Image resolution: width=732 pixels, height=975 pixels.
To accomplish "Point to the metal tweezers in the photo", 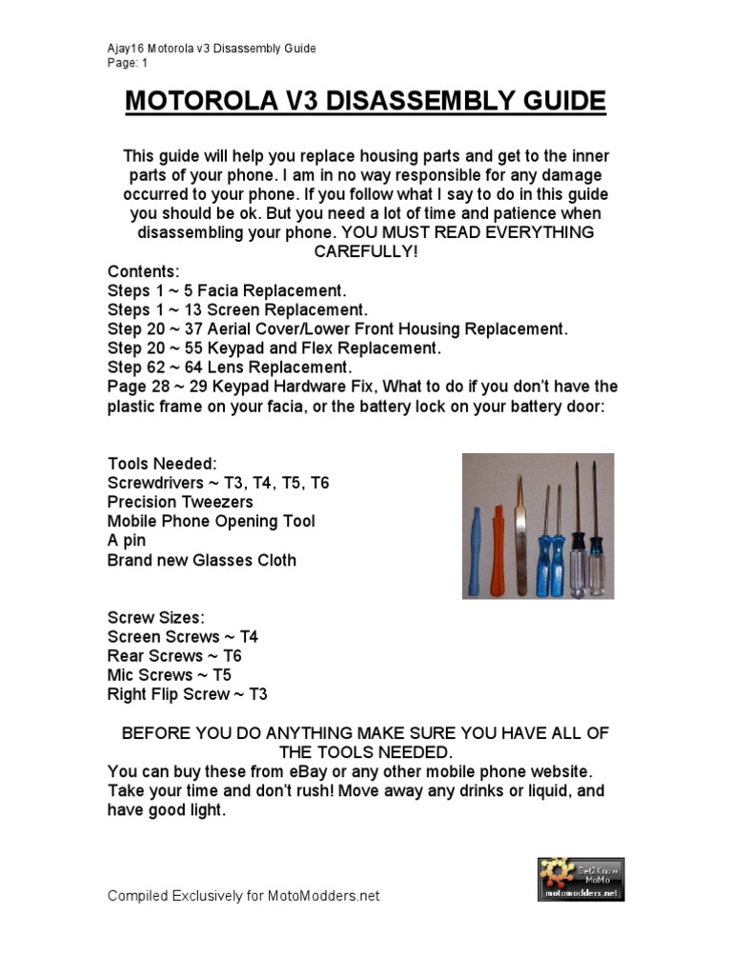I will point(520,533).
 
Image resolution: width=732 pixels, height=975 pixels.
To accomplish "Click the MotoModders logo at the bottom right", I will point(580,878).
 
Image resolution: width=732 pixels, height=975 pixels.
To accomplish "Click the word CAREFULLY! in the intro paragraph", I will point(366,251).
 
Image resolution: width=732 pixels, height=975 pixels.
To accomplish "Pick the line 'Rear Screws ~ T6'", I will point(174,656).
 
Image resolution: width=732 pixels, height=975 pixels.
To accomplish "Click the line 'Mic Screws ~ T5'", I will point(170,675).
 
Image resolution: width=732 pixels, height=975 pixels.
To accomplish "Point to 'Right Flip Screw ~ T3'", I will point(187,694).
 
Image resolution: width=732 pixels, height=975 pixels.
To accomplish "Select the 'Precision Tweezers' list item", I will point(180,502).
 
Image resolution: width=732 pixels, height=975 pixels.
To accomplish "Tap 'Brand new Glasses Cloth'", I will point(201,560).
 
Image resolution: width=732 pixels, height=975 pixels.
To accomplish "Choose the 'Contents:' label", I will point(143,271).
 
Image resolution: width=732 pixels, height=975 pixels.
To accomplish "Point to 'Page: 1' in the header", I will point(129,63).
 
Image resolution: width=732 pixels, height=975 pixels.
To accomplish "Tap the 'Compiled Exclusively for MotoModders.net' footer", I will point(243,896).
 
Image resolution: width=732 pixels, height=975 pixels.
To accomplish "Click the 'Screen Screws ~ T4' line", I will point(183,637).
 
